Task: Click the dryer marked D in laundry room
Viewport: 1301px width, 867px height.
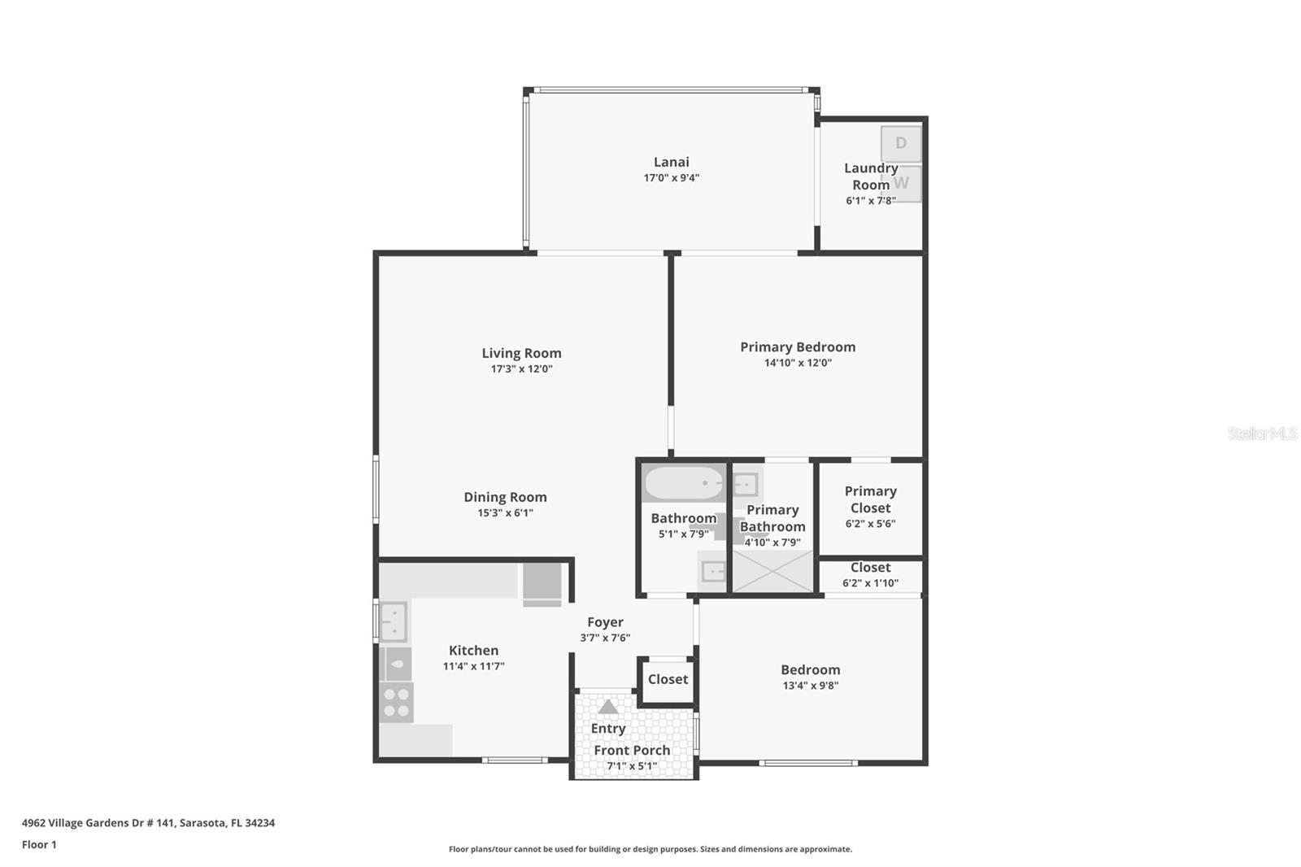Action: coord(901,144)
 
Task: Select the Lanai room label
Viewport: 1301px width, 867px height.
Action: coord(671,162)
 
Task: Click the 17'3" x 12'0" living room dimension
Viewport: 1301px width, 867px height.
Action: coord(521,368)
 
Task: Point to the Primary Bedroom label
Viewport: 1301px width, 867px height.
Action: coord(798,347)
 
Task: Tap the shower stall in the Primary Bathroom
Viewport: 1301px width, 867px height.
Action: coord(772,572)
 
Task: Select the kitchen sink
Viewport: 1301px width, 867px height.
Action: coord(394,621)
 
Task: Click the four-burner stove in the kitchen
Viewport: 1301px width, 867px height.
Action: coord(397,703)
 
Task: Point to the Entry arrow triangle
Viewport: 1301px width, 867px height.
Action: coord(608,707)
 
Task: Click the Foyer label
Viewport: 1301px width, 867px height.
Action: coord(605,622)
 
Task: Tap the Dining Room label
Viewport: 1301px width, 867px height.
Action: coord(505,497)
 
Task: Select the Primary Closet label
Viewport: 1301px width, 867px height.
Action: coord(870,499)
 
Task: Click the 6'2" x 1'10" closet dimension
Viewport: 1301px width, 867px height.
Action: coord(870,583)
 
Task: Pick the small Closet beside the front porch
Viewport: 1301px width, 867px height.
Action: coord(668,679)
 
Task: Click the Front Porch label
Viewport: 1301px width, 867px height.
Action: coord(632,750)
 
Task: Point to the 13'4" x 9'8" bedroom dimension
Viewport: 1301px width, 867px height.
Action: coord(810,686)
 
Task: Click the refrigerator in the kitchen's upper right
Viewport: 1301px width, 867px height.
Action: coord(542,584)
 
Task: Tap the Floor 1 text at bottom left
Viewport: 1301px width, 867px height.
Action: coord(39,844)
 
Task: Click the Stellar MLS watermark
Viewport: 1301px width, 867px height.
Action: coord(1262,433)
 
